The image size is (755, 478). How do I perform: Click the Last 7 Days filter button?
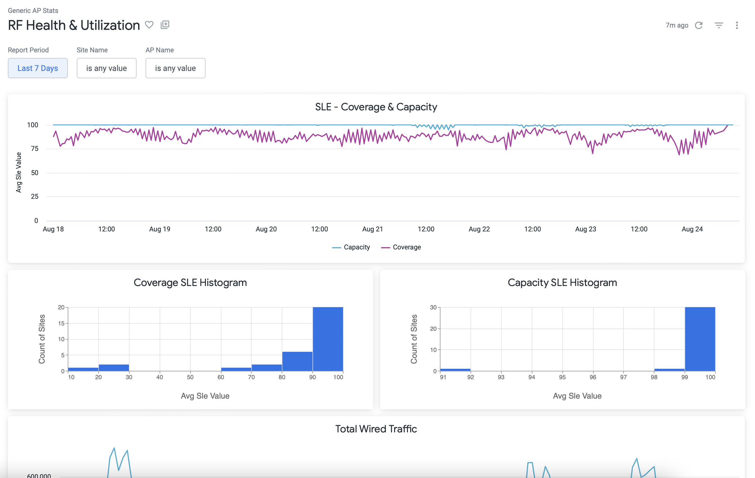coord(38,68)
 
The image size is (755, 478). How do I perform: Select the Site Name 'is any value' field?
coord(106,68)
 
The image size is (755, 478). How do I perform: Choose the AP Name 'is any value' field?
coord(175,68)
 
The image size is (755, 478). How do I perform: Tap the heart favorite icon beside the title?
coord(149,25)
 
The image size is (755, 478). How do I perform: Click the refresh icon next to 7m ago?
coord(699,25)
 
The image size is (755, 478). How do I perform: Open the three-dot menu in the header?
coord(737,25)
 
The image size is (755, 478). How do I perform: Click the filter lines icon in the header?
coord(719,25)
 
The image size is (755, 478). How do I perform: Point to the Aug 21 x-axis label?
coord(372,229)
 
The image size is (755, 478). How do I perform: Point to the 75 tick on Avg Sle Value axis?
coord(35,149)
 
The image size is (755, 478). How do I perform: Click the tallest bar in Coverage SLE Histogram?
coord(328,339)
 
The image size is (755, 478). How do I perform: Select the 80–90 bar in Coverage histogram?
coord(297,361)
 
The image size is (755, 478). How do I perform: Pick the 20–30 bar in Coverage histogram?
coord(114,368)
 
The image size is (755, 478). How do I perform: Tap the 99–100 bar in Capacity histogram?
coord(700,339)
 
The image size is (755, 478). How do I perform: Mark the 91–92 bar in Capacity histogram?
coord(455,370)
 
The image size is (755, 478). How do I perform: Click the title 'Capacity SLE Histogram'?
coord(562,282)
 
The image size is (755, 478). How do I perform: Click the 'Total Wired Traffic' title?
coord(376,429)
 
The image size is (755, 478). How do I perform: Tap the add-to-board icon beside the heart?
coord(165,25)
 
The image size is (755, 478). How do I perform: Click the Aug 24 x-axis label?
coord(692,229)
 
